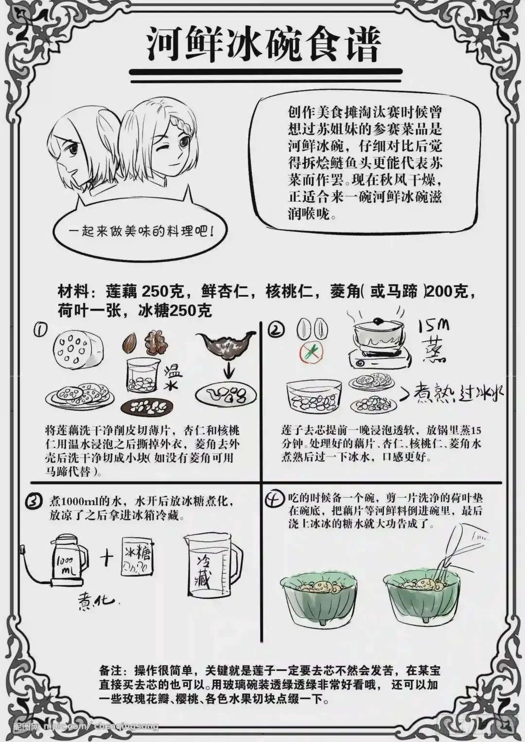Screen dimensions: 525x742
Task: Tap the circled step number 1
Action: (41, 329)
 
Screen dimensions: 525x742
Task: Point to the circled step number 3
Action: (35, 502)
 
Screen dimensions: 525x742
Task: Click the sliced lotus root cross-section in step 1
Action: (78, 351)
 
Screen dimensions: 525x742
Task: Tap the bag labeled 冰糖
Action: (138, 556)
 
